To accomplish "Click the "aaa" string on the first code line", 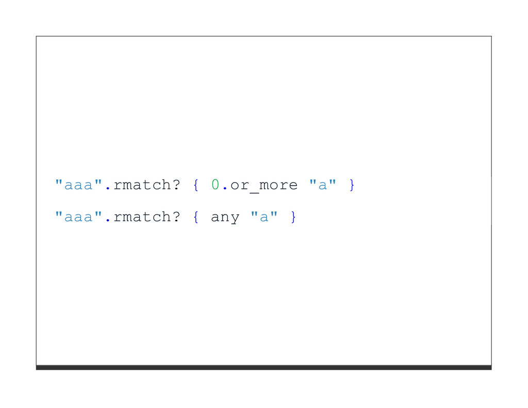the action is click(79, 185).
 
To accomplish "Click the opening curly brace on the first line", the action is click(196, 185).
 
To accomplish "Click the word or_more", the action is click(263, 185).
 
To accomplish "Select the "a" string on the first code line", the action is click(323, 184).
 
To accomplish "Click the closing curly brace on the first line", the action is click(352, 185).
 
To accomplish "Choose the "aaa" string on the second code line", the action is click(79, 217).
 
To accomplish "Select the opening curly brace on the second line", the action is click(196, 217).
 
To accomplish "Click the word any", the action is click(225, 218).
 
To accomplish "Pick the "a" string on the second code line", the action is click(264, 217).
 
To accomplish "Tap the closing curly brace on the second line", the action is click(293, 217).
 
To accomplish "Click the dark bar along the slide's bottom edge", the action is click(263, 367).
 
